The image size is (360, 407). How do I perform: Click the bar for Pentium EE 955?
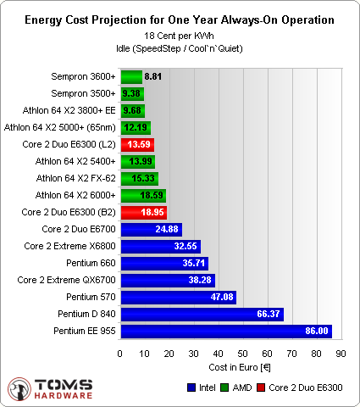pyautogui.click(x=226, y=331)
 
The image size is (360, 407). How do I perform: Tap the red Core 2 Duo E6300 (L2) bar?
pyautogui.click(x=137, y=144)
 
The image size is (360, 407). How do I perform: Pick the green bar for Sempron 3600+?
pyautogui.click(x=131, y=76)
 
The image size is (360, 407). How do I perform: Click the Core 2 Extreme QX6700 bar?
pyautogui.click(x=168, y=280)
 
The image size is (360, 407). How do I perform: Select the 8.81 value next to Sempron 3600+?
pyautogui.click(x=153, y=76)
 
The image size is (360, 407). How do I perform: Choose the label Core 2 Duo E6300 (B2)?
pyautogui.click(x=68, y=212)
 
